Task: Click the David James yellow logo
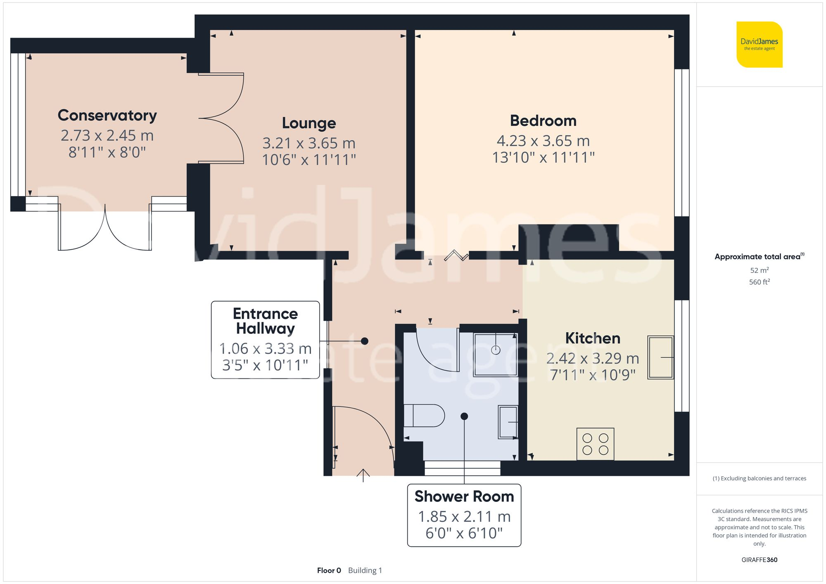point(759,45)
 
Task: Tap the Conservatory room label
point(107,115)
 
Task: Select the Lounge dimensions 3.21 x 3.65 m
point(309,143)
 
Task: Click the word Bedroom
point(543,121)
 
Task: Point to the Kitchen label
point(593,338)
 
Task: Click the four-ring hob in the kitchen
point(595,444)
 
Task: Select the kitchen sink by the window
point(660,357)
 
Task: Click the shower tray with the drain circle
point(496,354)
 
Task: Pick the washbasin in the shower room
point(508,422)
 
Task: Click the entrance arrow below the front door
point(363,475)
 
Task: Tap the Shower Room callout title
point(464,497)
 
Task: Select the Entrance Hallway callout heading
point(265,321)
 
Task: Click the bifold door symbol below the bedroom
point(456,255)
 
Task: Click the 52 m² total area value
point(759,270)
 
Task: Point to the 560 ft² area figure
point(759,282)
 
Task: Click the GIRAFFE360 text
point(759,560)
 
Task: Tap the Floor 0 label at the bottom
point(329,570)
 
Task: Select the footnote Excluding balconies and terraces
point(759,478)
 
